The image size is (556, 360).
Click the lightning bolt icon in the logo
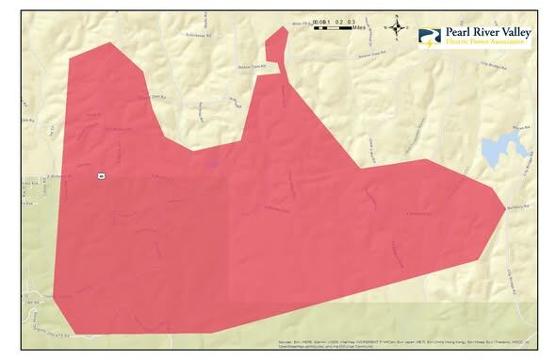[431, 41]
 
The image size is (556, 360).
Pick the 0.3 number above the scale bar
[351, 22]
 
